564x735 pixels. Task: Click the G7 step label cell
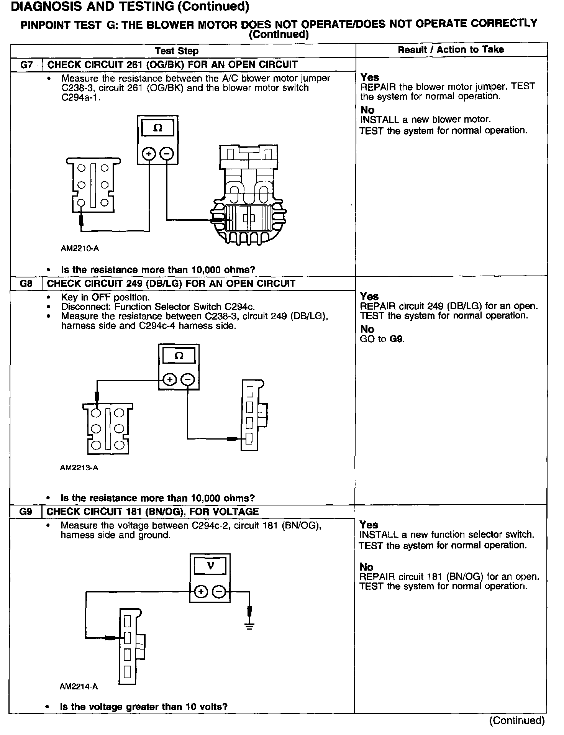[x=26, y=65]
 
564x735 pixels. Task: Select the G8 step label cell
[x=26, y=284]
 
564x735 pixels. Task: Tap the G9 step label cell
[x=26, y=512]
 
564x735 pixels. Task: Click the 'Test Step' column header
[x=177, y=51]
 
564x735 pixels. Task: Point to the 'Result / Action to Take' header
[x=451, y=49]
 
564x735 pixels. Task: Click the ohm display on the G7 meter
[x=157, y=128]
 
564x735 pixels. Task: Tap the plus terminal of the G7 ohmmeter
[x=149, y=154]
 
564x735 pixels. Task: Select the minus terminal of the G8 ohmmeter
[x=188, y=380]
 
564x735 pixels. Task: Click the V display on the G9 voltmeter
[x=210, y=566]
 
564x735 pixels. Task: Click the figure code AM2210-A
[x=80, y=248]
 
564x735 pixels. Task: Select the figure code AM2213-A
[x=79, y=468]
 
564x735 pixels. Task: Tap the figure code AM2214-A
[x=79, y=687]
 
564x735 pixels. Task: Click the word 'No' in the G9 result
[x=366, y=567]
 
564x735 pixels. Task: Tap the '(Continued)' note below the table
[x=516, y=720]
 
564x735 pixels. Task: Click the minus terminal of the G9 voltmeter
[x=219, y=592]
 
